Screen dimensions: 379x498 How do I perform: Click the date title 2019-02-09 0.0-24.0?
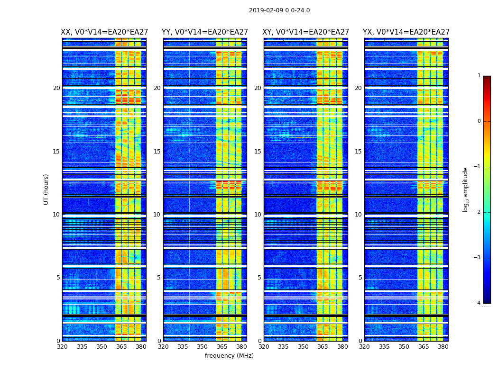click(279, 10)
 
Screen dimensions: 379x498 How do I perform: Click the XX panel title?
click(104, 32)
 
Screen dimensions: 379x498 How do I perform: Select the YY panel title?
click(205, 32)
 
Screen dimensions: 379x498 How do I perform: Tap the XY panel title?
click(305, 32)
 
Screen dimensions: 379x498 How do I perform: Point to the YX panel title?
click(406, 32)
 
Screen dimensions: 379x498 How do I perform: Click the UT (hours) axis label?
click(46, 189)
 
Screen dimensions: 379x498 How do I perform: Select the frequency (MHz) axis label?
click(229, 356)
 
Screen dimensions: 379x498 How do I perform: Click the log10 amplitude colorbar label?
click(466, 189)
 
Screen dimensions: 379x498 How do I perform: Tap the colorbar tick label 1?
click(479, 76)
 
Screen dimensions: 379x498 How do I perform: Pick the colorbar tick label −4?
click(478, 303)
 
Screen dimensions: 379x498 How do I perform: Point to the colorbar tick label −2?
click(478, 212)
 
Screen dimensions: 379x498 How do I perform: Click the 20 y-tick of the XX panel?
click(56, 88)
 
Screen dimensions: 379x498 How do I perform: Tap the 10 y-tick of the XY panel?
click(258, 215)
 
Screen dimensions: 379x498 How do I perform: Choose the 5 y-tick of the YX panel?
click(360, 278)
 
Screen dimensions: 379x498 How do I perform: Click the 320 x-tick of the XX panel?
click(62, 347)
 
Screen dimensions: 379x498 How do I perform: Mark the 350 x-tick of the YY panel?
click(203, 347)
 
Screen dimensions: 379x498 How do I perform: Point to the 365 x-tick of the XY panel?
click(323, 347)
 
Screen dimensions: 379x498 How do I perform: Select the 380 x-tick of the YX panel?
click(443, 347)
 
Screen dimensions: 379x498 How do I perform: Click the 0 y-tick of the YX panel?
click(360, 341)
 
